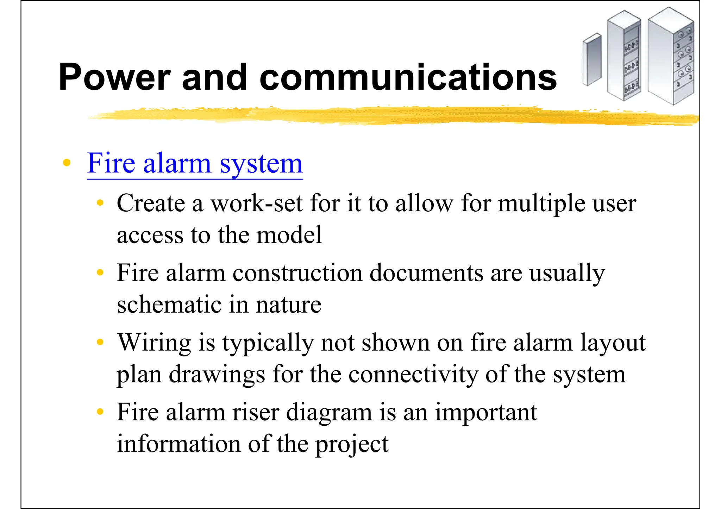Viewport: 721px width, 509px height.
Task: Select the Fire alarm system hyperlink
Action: (x=195, y=163)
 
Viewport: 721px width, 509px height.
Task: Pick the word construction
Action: (x=297, y=273)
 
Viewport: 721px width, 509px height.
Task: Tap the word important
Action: (x=486, y=413)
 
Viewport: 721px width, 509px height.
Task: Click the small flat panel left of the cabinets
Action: (x=592, y=59)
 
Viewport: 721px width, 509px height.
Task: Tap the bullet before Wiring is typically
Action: (x=100, y=342)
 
